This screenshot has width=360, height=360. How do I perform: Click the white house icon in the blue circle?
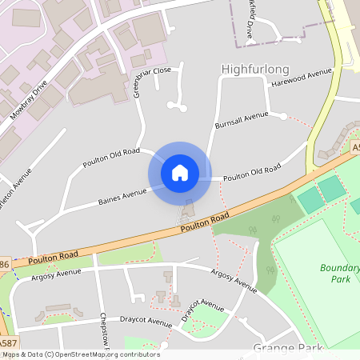[179, 172]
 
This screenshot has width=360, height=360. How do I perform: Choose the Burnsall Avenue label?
[242, 121]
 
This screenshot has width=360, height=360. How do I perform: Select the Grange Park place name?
[287, 348]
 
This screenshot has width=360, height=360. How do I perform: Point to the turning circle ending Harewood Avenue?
[283, 117]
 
